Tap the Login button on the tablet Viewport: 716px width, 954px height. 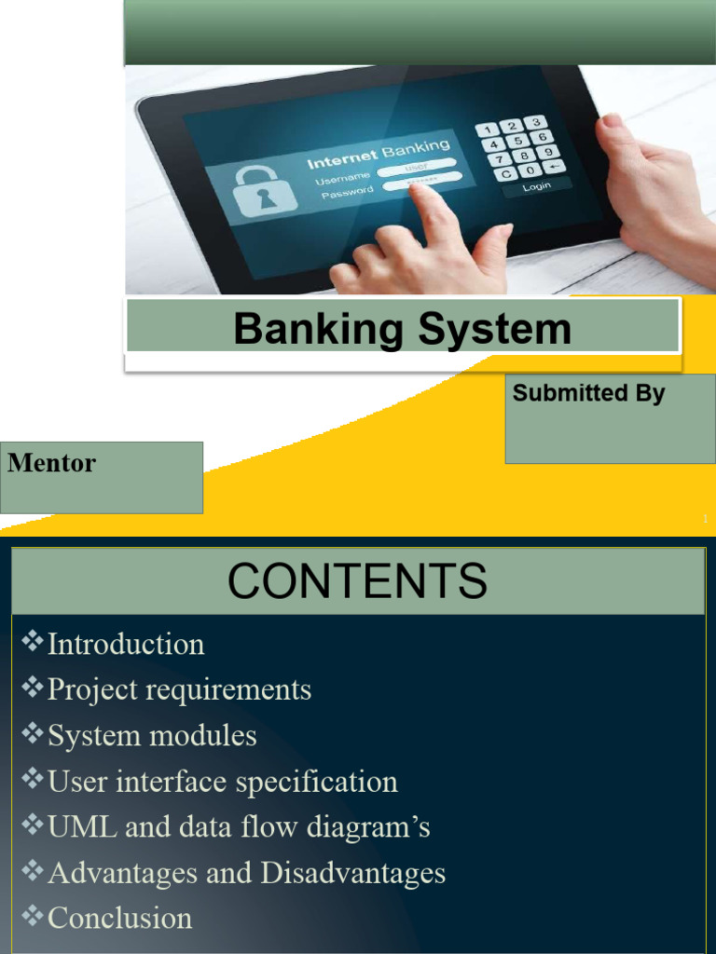pyautogui.click(x=537, y=186)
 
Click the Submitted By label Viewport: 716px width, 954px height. pyautogui.click(x=588, y=393)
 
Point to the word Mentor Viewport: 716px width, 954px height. pyautogui.click(x=51, y=463)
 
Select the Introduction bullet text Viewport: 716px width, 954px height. pyautogui.click(x=126, y=644)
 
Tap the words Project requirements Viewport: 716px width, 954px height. pyautogui.click(x=179, y=689)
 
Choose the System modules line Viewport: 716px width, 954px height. pyautogui.click(x=152, y=735)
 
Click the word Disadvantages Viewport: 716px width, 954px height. pyautogui.click(x=353, y=873)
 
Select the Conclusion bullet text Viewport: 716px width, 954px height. pyautogui.click(x=119, y=918)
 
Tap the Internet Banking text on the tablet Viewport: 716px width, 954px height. pyautogui.click(x=379, y=153)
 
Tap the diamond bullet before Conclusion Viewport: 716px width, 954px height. pyautogui.click(x=33, y=916)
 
